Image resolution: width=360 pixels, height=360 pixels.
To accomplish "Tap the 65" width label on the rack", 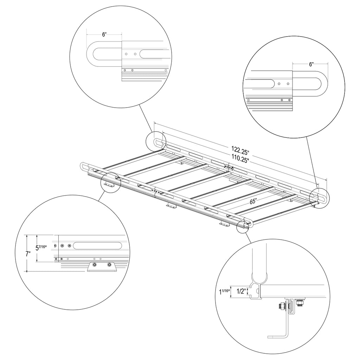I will pos(253,202).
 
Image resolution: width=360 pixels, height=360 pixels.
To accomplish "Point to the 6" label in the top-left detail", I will pos(104,34).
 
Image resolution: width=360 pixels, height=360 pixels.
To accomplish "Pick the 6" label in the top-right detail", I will pos(311,64).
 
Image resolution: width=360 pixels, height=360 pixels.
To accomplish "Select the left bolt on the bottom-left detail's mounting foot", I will pos(94,265).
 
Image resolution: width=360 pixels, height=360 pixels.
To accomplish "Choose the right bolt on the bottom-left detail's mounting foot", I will pos(110,265).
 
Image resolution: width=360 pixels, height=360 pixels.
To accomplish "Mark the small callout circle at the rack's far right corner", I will pos(318,198).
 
